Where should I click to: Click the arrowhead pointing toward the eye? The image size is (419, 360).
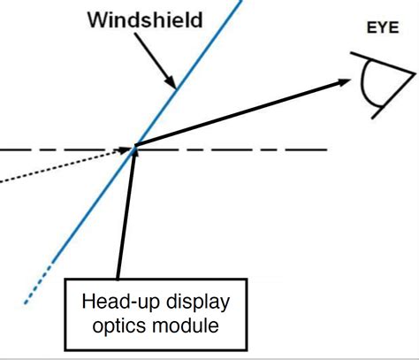point(341,82)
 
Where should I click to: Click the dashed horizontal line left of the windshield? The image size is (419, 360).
point(53,149)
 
